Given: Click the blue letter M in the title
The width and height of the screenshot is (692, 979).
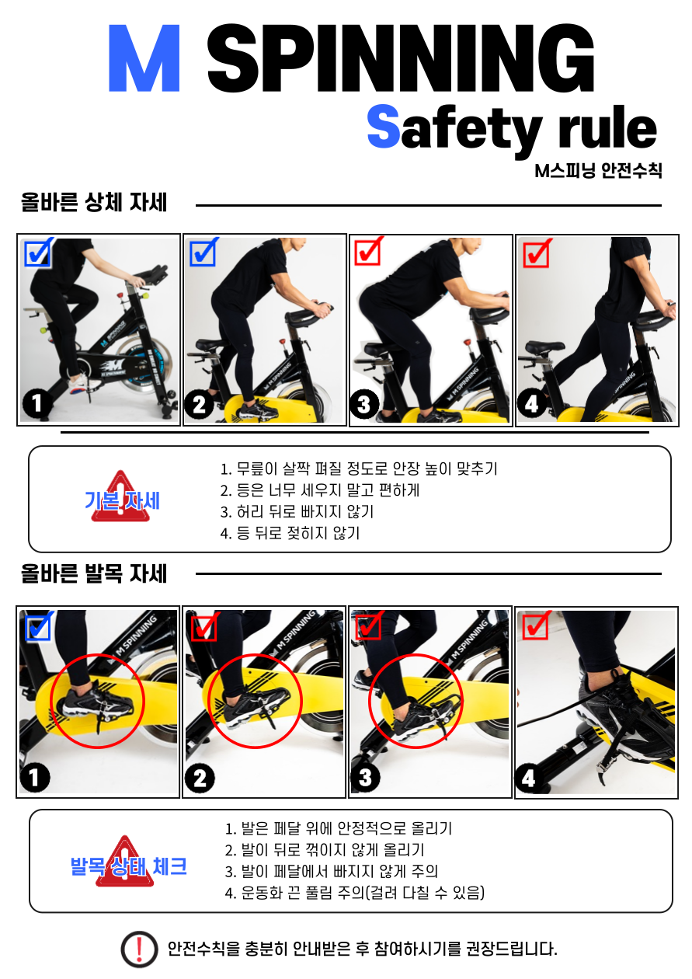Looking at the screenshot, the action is point(144,58).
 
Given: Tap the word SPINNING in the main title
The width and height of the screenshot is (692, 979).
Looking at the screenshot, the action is point(400,58).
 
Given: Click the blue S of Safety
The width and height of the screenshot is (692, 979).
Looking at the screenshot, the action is point(383,126).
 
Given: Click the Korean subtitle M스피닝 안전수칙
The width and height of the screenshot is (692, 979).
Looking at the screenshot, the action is point(598,170).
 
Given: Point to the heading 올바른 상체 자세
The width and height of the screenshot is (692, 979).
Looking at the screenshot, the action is point(94,202).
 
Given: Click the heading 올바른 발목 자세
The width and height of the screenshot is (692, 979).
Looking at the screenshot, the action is point(94,573).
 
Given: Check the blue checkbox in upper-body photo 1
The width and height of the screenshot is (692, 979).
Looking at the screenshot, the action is point(39,253).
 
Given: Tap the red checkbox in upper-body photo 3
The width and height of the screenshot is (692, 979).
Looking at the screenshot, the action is point(369,251).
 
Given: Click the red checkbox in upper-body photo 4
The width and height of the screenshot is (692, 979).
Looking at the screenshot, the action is point(537,253).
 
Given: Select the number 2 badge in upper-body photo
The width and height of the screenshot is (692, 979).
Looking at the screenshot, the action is point(199,404).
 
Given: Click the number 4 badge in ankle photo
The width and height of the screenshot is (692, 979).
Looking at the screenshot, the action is point(529,779).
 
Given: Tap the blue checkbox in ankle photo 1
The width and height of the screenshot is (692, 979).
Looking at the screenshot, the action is point(40,626).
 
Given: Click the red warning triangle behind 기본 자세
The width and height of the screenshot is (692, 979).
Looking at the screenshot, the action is point(120,496).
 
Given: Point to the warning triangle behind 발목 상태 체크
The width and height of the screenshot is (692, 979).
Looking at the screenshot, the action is point(125,861).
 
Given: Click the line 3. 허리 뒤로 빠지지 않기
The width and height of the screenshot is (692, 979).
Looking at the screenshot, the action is point(297,511).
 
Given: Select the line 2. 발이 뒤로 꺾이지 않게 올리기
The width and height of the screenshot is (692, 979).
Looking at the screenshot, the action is point(325,850).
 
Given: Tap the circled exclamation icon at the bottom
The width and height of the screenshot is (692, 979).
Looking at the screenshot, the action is point(139,949).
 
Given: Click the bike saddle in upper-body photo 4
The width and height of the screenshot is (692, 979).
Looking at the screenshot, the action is point(544,347).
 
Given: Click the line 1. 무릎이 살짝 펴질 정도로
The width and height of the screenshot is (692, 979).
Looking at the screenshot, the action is point(359,469).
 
